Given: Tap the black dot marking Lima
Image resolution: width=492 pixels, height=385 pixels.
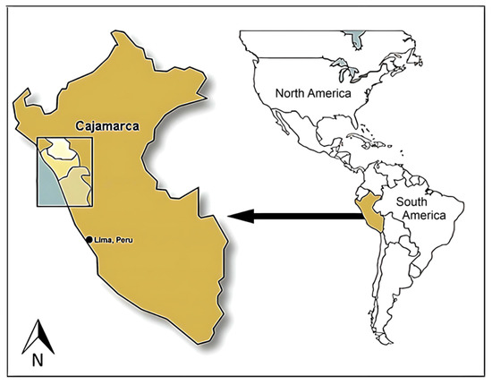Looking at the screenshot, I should (89, 239).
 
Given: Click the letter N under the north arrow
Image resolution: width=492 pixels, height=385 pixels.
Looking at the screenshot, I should (38, 361).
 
